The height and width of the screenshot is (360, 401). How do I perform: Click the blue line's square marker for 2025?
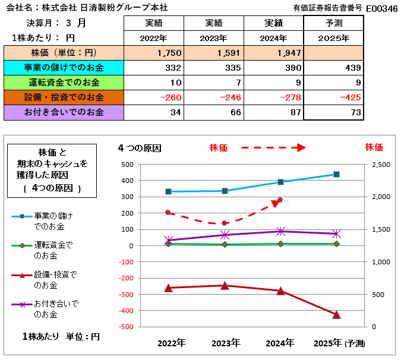pos(336,174)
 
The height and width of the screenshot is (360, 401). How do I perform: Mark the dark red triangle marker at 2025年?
pos(336,315)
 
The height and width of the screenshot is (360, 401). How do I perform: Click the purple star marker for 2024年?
pos(280,231)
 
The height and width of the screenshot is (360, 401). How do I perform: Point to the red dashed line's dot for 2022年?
pos(168,212)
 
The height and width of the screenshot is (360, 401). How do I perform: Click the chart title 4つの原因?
pos(140,147)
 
